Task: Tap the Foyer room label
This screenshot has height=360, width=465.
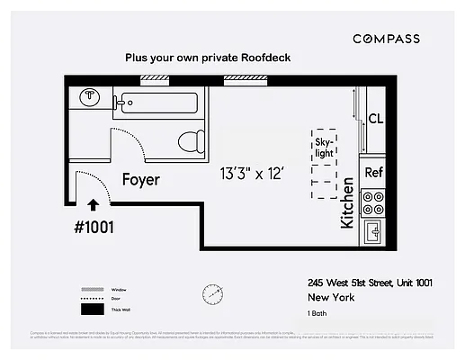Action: tap(141, 180)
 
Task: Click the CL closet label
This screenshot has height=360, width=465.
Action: tap(377, 119)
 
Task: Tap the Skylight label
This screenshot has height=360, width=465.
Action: tap(324, 148)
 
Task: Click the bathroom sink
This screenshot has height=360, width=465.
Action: tap(90, 97)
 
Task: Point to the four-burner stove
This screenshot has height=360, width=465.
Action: tap(373, 202)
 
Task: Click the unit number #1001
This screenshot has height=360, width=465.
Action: tap(93, 227)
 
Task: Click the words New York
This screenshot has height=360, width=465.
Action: tap(330, 297)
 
